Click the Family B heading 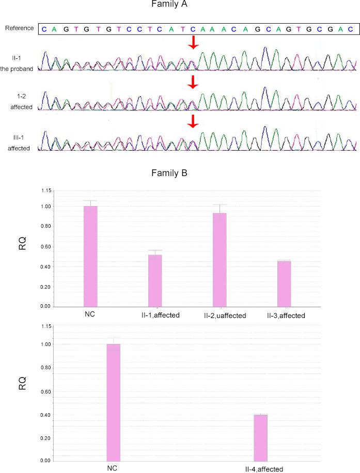[x=170, y=173]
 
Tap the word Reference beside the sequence [x=19, y=28]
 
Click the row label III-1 [x=20, y=138]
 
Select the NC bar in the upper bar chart [x=90, y=256]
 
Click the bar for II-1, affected [x=155, y=280]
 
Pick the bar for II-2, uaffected [x=220, y=260]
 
